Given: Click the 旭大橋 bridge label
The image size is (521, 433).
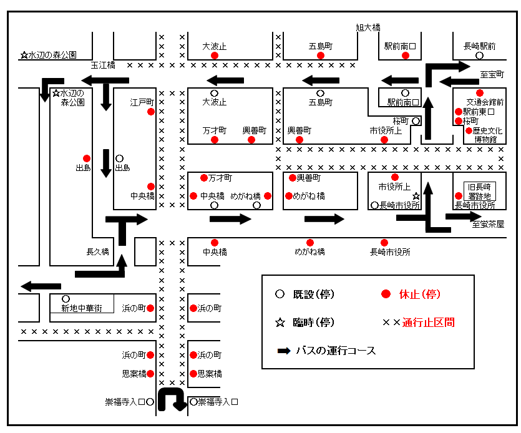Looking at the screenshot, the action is coord(368,27).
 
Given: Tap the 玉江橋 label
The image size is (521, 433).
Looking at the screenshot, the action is coord(103,65).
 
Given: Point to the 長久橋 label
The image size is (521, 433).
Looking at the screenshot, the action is coord(98,252).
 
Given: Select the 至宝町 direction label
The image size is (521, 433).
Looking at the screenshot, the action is coord(492,74).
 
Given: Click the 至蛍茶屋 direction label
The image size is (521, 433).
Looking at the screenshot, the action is coord(488,225).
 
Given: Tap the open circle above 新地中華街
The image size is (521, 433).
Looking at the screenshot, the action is coord(66,299).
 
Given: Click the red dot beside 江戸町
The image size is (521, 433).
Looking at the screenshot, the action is coord(151,112).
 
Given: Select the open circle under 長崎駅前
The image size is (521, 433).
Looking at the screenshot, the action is coord(479,56).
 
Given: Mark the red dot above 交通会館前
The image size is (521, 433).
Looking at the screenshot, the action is coord(479,93).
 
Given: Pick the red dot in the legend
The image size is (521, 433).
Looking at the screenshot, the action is coord(386,294).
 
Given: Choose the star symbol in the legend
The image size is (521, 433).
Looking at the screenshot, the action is coord(280,323).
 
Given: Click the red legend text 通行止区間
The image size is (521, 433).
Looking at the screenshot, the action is coord(428,323).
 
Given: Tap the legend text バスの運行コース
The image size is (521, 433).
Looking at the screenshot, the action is coord(336,351).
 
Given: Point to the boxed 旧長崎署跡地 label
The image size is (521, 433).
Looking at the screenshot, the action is coord(479,191).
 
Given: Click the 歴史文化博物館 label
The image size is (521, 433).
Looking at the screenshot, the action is coord(487,135).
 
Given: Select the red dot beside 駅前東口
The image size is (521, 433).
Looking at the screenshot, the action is coord(459,112).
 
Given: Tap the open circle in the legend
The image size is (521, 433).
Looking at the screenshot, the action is coord(280,294).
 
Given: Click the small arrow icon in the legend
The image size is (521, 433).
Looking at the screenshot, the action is coord(284,351).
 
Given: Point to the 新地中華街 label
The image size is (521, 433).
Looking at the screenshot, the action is coord(82,308).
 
